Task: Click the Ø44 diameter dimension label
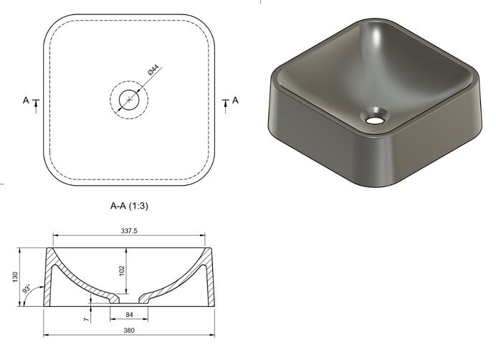tap(153, 70)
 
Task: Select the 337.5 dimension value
tap(129, 232)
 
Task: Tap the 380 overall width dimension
tap(129, 331)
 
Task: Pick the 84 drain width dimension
tap(129, 314)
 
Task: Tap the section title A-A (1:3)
tap(129, 205)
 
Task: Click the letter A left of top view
tap(26, 101)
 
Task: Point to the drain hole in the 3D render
tap(374, 115)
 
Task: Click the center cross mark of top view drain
tap(129, 100)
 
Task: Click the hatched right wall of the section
tap(209, 280)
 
